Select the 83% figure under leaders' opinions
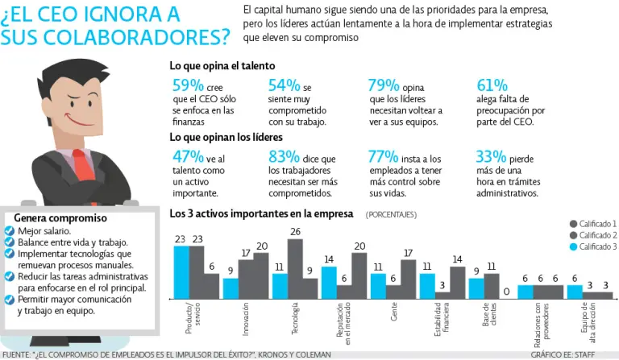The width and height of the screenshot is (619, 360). coord(284,158)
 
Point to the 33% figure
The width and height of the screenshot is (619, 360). coord(492,158)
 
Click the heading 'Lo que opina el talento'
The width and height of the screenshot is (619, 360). coord(222,66)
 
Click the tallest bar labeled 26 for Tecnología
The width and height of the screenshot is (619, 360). coord(295,269)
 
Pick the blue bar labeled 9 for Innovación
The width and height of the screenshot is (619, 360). coord(231,288)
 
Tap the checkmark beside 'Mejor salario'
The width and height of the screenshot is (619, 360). coord(9,230)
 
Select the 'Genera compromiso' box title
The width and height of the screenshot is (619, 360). coord(60,217)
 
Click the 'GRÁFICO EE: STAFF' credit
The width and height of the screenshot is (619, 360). coord(573,354)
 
